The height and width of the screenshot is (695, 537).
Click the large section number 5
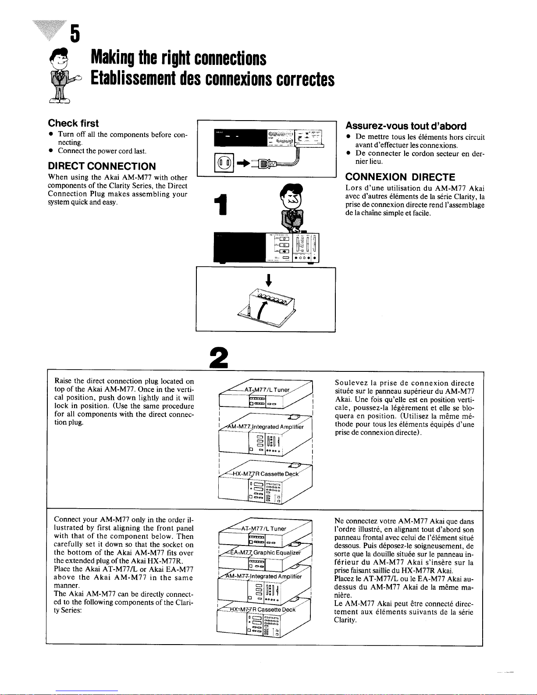point(75,34)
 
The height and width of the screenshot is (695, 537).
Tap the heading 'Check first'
point(73,123)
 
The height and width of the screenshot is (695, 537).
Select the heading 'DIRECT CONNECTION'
point(102,166)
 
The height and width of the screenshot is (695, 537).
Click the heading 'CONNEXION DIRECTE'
point(400,177)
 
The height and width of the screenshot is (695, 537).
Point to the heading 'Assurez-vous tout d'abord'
point(406,126)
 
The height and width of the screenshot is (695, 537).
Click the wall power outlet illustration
point(224,163)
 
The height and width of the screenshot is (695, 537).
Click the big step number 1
point(221,204)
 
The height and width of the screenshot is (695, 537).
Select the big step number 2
point(218,357)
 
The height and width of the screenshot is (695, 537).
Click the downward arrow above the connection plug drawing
point(269,280)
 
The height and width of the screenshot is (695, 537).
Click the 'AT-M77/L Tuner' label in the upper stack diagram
point(267,390)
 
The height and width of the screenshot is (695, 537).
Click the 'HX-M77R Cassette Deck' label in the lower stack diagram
point(263,609)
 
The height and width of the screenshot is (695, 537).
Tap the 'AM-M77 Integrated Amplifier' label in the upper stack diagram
point(265,427)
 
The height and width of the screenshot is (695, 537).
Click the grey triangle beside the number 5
point(50,30)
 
